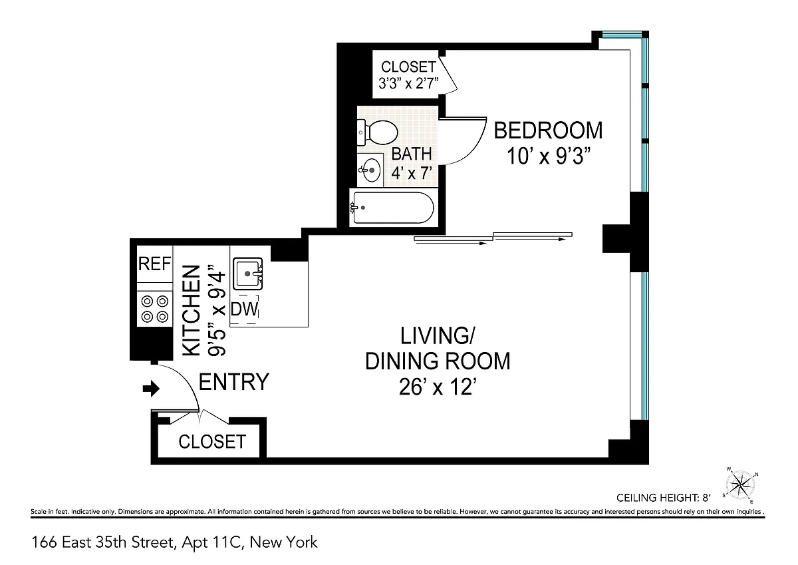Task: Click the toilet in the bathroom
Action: [x=377, y=132]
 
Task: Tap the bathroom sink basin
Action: [x=370, y=170]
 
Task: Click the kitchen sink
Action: [x=248, y=274]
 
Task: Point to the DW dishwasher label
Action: [x=244, y=309]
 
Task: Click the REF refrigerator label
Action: [x=154, y=264]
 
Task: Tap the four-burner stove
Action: [x=155, y=309]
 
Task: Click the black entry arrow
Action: [x=151, y=389]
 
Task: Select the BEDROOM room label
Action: [x=548, y=130]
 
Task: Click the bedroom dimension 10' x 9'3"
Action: [x=549, y=156]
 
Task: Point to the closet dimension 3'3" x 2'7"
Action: [x=408, y=84]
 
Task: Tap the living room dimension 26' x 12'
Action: [x=438, y=387]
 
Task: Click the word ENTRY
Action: [x=233, y=382]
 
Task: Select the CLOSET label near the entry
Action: [x=212, y=442]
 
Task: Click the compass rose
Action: [x=741, y=484]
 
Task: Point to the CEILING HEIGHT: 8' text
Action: [x=664, y=498]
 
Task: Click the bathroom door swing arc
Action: [x=473, y=149]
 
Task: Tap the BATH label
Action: [x=412, y=154]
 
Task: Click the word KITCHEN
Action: [x=192, y=311]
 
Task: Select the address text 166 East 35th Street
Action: [x=104, y=542]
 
